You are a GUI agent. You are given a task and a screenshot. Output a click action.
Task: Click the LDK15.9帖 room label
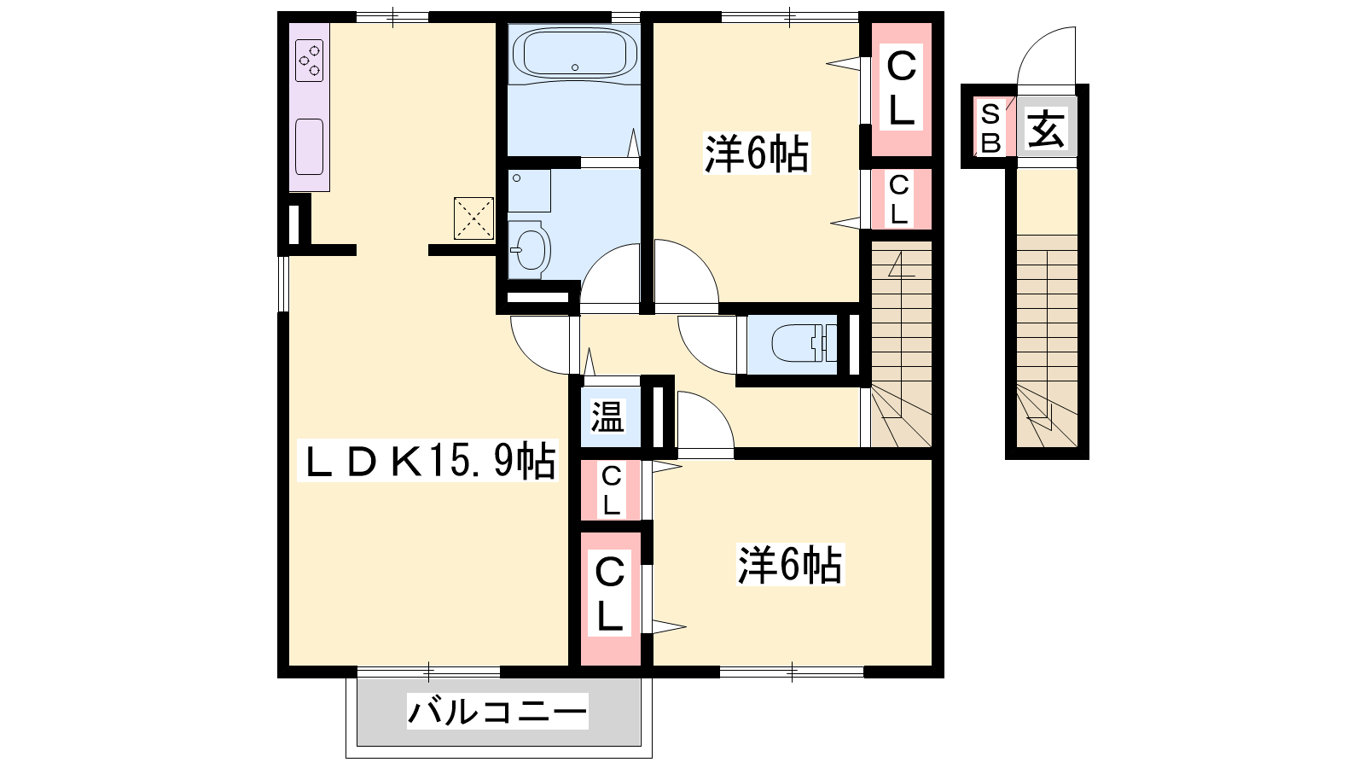427,462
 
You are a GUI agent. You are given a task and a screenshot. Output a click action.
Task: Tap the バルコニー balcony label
497,712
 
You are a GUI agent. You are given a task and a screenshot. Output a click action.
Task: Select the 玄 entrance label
1046,129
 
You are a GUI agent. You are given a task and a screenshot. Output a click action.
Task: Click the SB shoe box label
990,129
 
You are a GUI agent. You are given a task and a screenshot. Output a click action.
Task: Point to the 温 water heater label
608,417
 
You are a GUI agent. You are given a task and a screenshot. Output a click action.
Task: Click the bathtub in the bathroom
575,55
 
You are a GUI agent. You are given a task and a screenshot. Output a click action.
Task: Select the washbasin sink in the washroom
530,249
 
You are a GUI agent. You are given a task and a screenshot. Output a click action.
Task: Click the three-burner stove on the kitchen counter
309,61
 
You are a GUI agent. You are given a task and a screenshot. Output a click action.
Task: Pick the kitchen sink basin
309,147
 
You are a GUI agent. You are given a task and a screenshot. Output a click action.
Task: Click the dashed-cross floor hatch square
473,218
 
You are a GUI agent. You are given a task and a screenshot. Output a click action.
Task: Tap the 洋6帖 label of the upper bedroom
757,153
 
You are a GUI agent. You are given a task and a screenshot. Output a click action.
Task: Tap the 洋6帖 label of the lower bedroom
790,564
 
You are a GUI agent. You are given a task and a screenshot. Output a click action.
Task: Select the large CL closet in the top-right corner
901,89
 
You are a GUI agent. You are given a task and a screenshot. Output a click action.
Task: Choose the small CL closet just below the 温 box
611,490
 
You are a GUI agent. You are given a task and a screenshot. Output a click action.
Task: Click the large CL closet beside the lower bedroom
611,598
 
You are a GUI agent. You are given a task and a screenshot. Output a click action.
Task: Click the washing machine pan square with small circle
529,191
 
